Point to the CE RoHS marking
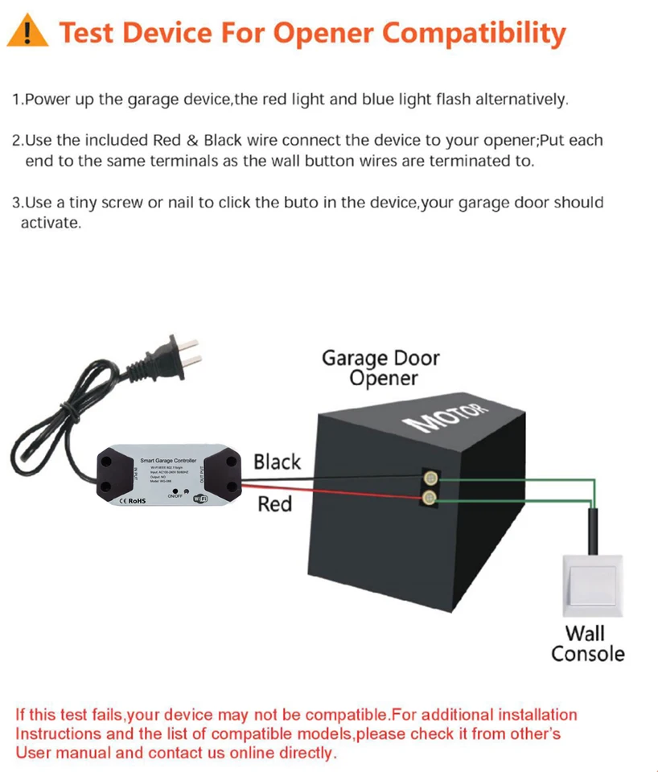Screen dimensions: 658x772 coord(131,501)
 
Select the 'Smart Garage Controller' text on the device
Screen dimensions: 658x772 coord(167,461)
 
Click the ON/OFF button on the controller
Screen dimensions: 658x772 coord(175,490)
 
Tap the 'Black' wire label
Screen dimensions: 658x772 coord(277,462)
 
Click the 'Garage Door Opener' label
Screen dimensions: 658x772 coord(381,368)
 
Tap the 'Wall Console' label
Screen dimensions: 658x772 coord(587,643)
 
